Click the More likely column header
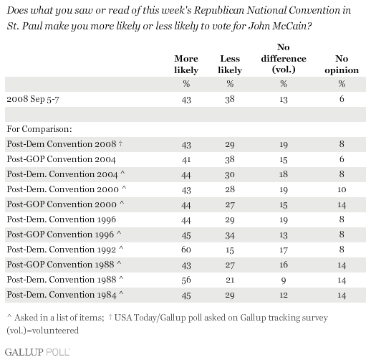tap(186, 65)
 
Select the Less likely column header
tap(230, 65)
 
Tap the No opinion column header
tap(342, 65)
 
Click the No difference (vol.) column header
tap(284, 59)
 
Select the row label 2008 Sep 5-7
tap(33, 99)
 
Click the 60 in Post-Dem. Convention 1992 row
tap(186, 250)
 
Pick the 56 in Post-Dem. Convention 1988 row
tap(186, 280)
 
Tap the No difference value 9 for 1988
tap(284, 280)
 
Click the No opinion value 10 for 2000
tap(342, 189)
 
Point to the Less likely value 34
tap(230, 236)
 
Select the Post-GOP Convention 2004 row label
tap(61, 159)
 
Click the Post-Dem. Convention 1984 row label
tap(65, 295)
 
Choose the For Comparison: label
tap(39, 129)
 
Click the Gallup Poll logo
tap(37, 352)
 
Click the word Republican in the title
tap(218, 11)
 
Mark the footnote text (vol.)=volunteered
tap(42, 331)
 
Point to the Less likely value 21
tap(230, 280)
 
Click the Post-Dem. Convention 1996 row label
tap(62, 219)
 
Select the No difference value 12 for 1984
tap(284, 295)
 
